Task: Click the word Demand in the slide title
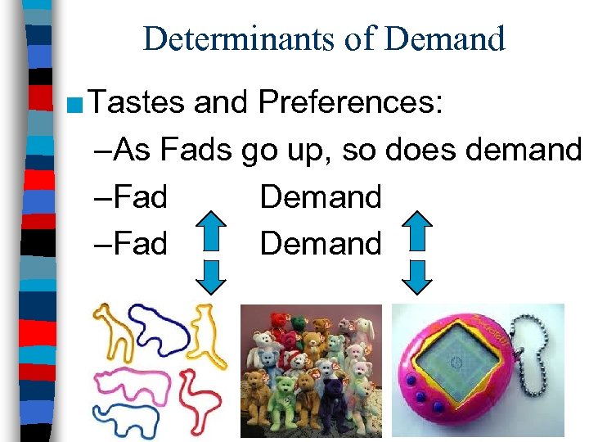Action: point(450,38)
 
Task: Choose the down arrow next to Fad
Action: point(213,276)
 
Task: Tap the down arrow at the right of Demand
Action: point(419,276)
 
